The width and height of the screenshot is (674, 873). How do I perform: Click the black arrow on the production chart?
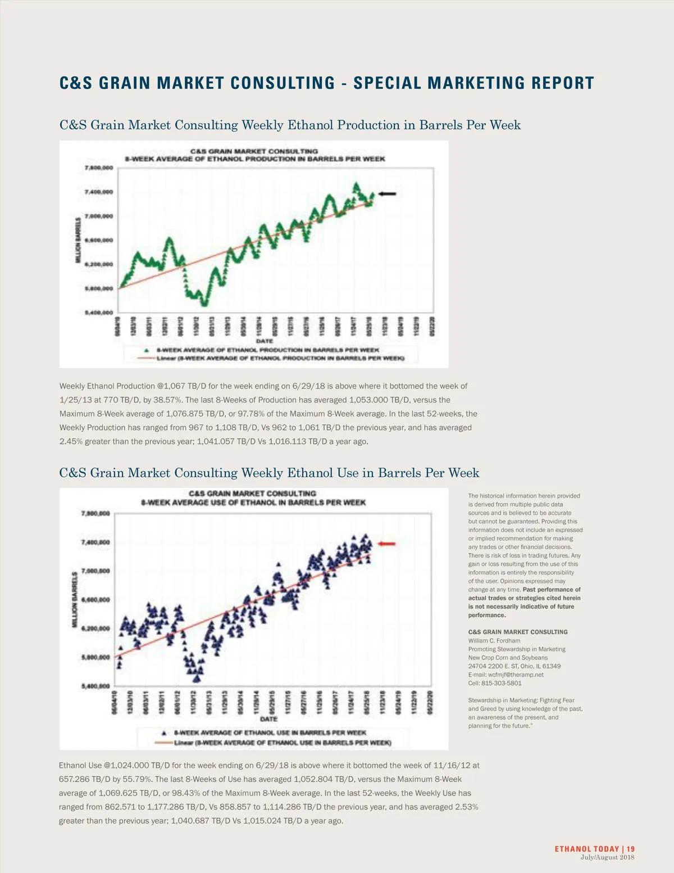[387, 194]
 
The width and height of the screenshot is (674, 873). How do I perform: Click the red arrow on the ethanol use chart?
[387, 544]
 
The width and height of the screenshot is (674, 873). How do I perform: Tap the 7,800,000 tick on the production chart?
[99, 168]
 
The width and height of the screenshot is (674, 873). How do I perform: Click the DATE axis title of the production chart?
[265, 341]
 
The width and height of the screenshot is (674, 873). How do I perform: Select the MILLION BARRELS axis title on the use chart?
[75, 600]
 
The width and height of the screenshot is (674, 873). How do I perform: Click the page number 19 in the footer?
[631, 849]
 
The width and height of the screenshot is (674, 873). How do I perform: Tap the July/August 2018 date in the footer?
[607, 857]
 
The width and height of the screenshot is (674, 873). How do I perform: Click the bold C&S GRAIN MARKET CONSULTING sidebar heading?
[518, 632]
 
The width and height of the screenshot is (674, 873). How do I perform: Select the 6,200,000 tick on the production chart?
[99, 264]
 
